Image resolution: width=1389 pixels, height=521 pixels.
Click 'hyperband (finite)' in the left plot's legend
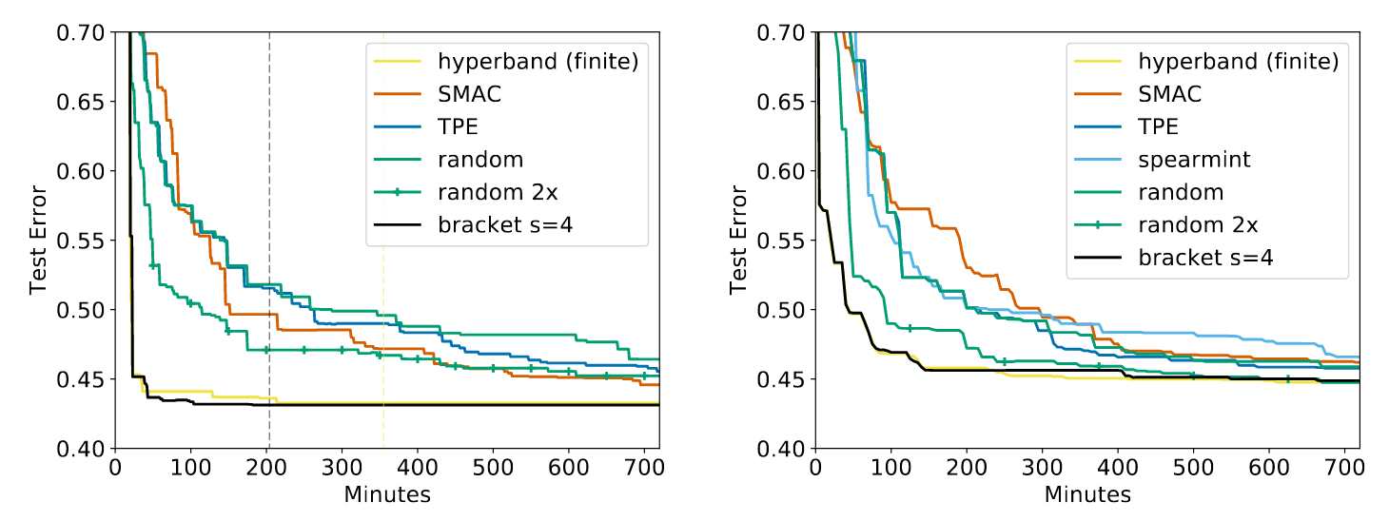[538, 61]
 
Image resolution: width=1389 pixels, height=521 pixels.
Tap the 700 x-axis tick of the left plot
[644, 468]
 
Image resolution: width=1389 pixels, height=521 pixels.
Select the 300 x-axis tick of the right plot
[1042, 468]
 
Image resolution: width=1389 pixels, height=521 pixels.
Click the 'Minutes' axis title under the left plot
[387, 494]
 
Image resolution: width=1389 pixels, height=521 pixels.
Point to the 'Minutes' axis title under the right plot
[1087, 494]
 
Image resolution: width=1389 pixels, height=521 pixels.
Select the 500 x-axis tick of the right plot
[1193, 468]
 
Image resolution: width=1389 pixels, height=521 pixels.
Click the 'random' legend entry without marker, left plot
[481, 159]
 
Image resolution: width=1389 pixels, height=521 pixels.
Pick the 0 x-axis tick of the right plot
[815, 468]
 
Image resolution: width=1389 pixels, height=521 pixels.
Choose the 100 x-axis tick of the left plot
[190, 468]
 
